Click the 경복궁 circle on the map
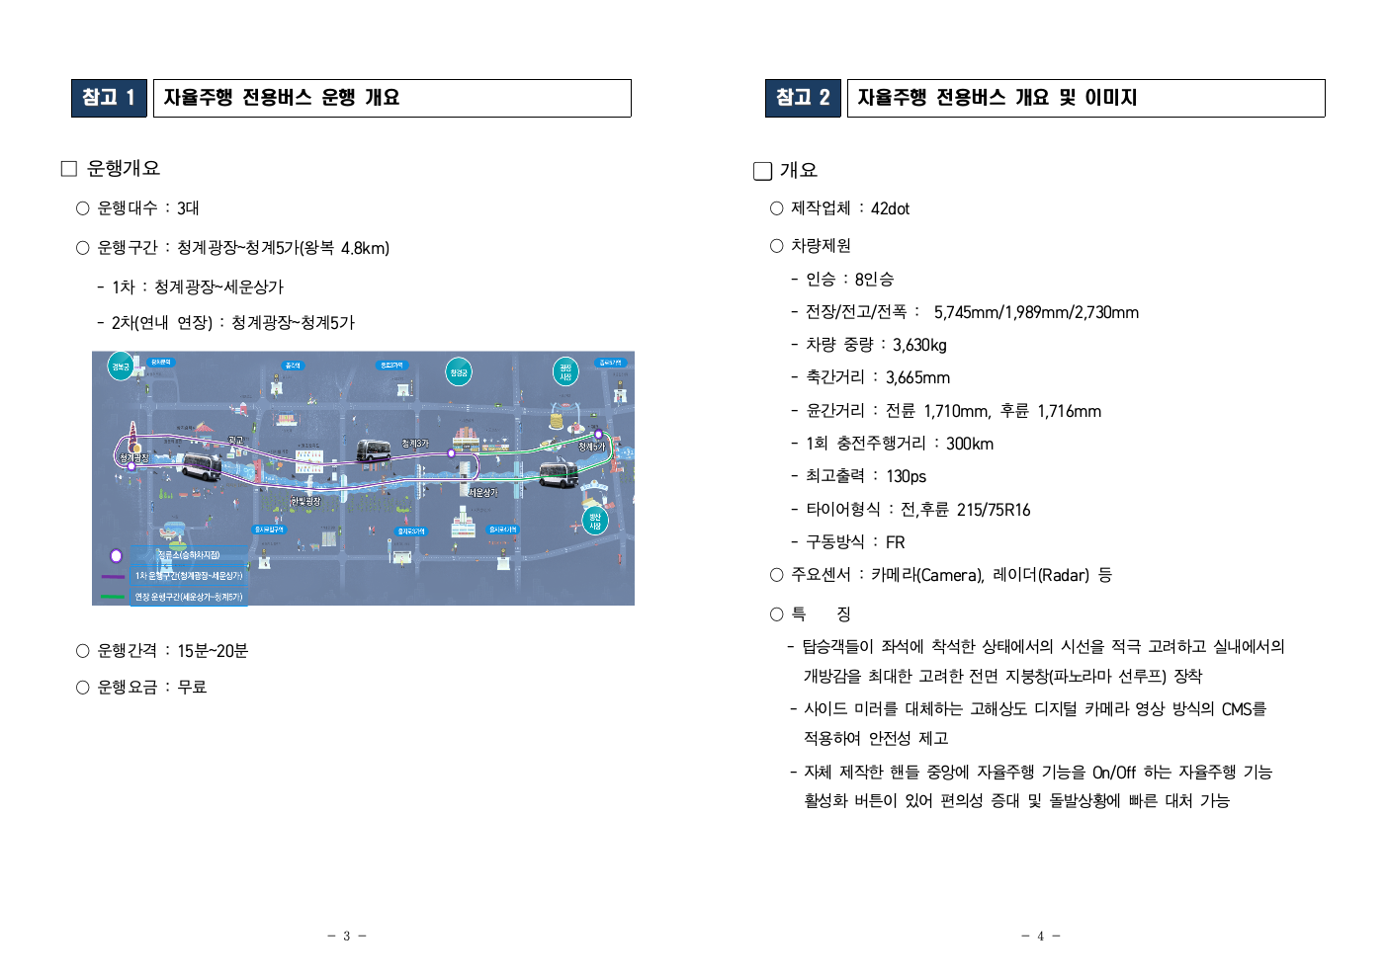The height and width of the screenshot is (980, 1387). click(x=121, y=367)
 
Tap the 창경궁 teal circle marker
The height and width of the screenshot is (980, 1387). click(x=459, y=372)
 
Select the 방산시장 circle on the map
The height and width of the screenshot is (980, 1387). click(x=595, y=522)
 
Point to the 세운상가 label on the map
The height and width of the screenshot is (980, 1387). click(x=482, y=492)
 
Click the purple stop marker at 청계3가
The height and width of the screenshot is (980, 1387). click(x=451, y=453)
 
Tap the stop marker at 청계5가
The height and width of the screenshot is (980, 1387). click(x=598, y=435)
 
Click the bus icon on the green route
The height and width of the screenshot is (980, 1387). click(x=559, y=475)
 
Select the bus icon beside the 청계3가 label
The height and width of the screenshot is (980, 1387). click(x=374, y=451)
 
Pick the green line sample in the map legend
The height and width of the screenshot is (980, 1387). click(x=113, y=597)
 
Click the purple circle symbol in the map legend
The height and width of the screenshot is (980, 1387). click(x=116, y=556)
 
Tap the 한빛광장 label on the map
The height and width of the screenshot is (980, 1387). click(x=305, y=502)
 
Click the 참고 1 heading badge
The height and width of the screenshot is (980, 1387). click(x=109, y=98)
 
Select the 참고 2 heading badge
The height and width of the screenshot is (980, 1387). click(x=803, y=98)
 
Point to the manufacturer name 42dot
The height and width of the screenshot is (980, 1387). click(x=890, y=208)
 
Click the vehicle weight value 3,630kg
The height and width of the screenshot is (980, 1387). click(x=919, y=345)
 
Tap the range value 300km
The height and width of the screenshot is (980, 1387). click(x=969, y=444)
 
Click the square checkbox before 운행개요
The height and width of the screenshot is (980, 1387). click(x=69, y=169)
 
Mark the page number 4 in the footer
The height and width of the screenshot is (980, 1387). click(x=1040, y=936)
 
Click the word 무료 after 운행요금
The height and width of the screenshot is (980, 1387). click(x=192, y=687)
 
